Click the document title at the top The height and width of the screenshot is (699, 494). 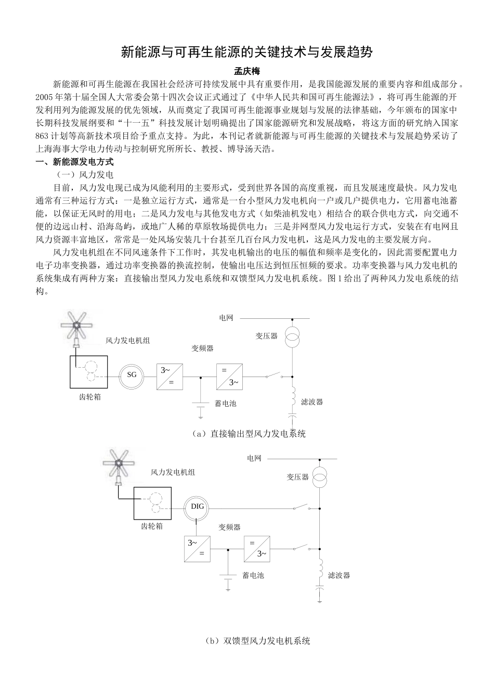click(x=246, y=52)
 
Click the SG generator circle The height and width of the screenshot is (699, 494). click(x=132, y=374)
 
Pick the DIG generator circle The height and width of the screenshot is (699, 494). click(x=198, y=507)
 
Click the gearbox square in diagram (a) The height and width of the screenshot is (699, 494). click(x=89, y=371)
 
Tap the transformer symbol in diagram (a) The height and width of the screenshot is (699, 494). click(x=292, y=337)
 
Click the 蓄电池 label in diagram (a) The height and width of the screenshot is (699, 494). click(x=226, y=403)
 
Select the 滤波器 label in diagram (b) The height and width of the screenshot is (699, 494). click(x=340, y=575)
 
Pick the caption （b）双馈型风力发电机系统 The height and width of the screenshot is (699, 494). click(x=258, y=641)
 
